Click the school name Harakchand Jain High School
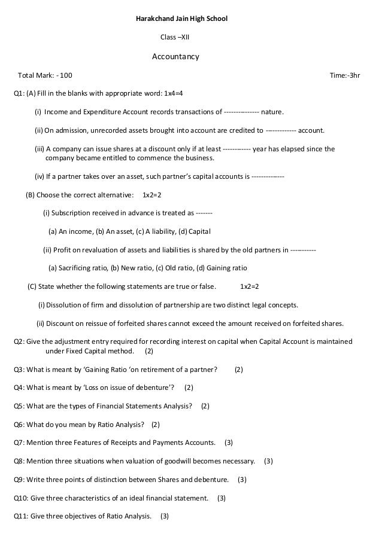(183, 20)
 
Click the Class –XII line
(174, 37)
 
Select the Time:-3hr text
(345, 76)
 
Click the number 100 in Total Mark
(66, 76)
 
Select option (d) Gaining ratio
(222, 268)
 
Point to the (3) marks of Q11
(165, 516)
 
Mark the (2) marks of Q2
(149, 351)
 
